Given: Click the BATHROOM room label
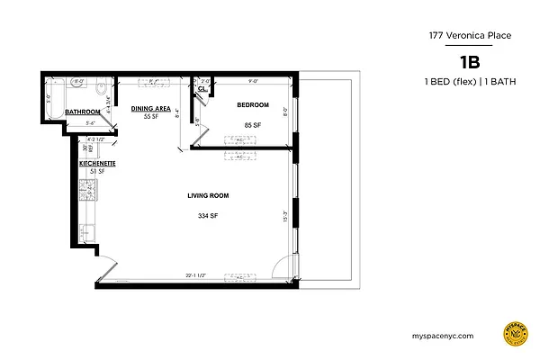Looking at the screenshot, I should [x=82, y=112].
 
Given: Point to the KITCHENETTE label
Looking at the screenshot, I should [x=96, y=163].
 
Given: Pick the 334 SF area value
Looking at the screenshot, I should [x=207, y=216].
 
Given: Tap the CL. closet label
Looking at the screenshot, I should [x=202, y=89].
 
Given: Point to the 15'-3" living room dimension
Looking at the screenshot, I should [x=285, y=216].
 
